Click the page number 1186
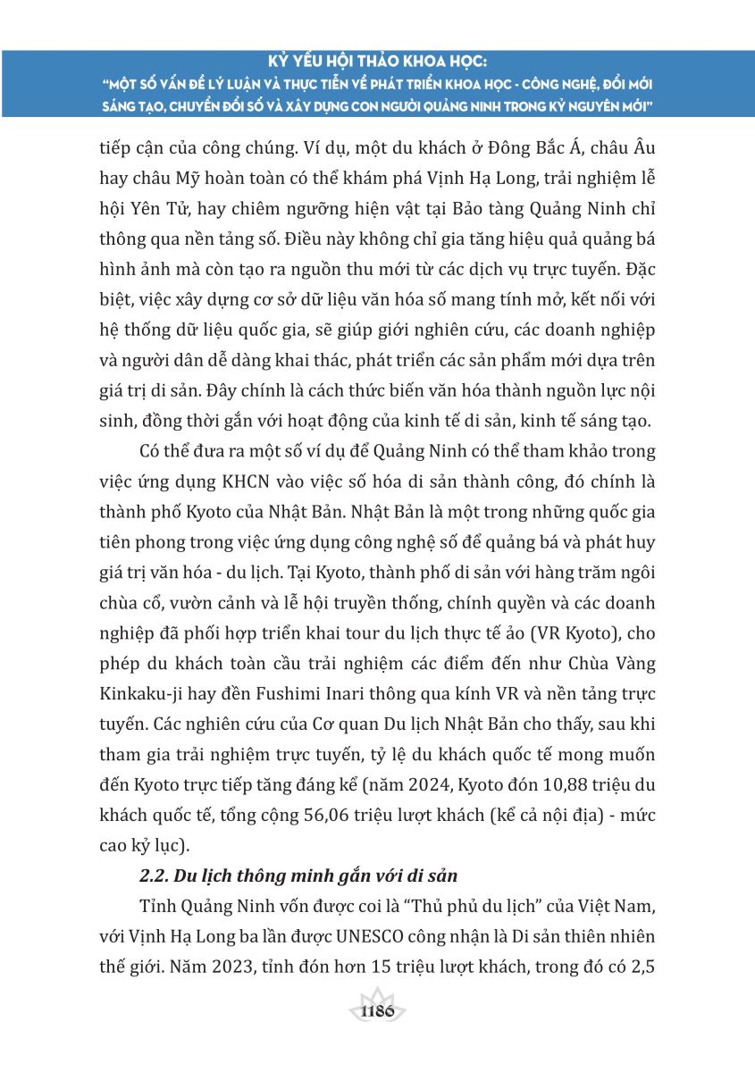(x=378, y=1012)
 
